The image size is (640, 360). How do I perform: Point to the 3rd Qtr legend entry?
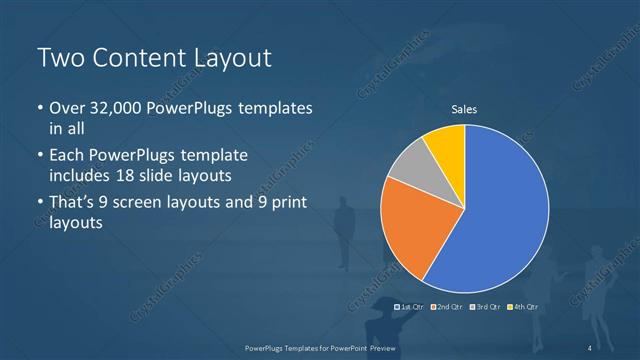(x=486, y=306)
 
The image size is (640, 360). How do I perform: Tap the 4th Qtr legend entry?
(x=523, y=306)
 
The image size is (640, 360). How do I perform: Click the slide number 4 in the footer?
(x=590, y=347)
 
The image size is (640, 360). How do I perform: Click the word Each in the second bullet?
(x=68, y=157)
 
